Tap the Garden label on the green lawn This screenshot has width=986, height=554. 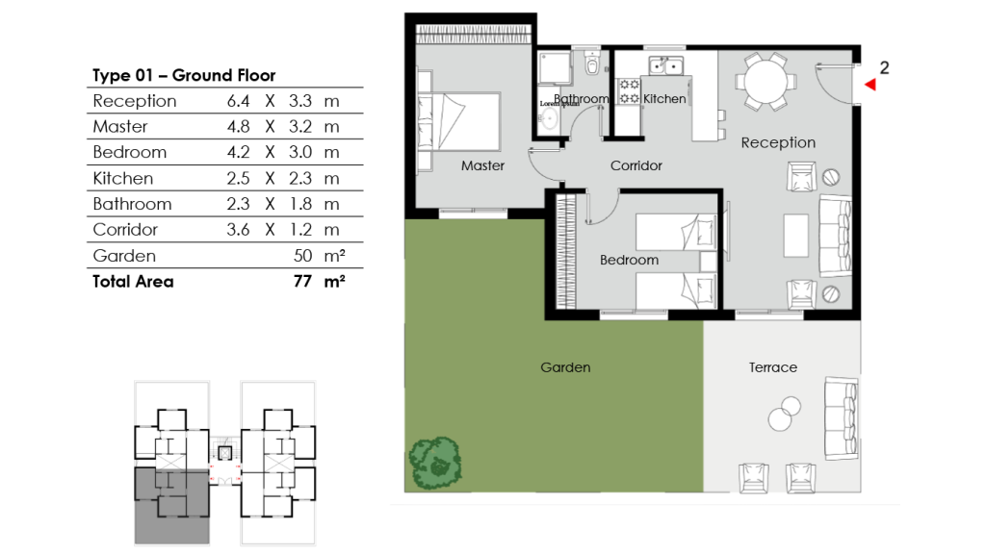tap(565, 367)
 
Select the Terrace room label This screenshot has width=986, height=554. tap(773, 367)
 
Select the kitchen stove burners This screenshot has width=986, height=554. tap(629, 91)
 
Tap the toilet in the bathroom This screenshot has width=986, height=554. tap(591, 65)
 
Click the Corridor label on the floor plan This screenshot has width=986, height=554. tap(636, 165)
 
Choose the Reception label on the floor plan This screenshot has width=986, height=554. tap(778, 142)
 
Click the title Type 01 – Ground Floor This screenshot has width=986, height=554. tap(184, 75)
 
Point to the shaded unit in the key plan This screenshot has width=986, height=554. tap(170, 507)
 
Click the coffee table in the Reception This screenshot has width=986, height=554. tap(795, 235)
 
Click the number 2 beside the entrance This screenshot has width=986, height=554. tap(884, 67)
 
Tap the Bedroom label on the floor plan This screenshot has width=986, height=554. tap(629, 260)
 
